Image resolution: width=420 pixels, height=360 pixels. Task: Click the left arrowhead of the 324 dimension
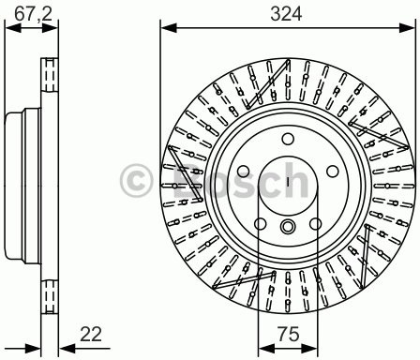pyautogui.click(x=164, y=27)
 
